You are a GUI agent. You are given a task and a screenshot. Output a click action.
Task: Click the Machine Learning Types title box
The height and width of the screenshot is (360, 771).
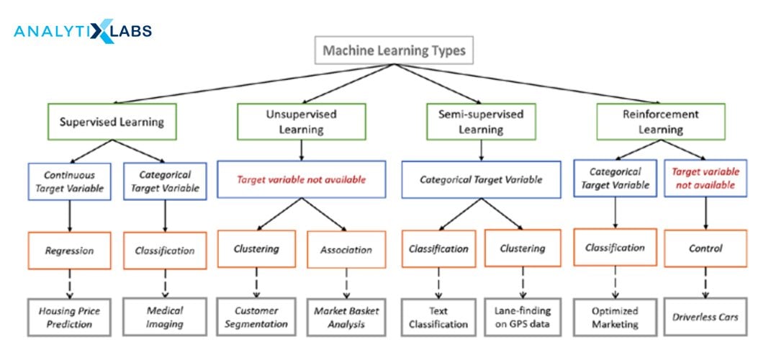tap(394, 50)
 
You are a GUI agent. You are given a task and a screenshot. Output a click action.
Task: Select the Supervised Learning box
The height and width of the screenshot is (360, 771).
tap(111, 121)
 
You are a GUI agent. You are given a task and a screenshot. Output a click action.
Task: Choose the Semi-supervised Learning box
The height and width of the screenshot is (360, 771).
tap(481, 122)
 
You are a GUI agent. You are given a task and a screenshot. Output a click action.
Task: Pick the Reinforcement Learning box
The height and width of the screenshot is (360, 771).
tap(660, 122)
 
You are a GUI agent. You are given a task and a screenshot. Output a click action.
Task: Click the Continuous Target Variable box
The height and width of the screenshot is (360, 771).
tap(69, 181)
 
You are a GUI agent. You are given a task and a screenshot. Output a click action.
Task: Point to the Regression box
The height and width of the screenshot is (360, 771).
tap(69, 251)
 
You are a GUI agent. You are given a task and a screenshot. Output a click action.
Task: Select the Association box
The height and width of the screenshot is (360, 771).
tap(346, 250)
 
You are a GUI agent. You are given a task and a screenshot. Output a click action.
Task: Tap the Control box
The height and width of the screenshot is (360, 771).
tap(705, 248)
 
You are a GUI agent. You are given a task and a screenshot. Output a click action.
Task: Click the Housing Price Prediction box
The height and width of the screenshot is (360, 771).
tap(69, 318)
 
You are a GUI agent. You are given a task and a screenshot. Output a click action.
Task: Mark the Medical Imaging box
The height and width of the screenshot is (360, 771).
tap(165, 317)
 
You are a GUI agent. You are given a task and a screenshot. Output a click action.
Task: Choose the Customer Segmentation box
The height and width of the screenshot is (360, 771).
tap(256, 318)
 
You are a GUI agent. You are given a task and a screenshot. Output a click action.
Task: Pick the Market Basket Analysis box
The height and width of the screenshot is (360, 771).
tap(346, 318)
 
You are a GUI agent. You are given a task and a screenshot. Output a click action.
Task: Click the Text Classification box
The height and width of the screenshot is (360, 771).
tap(438, 318)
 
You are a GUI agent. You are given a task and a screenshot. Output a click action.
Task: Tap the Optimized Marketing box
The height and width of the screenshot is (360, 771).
tap(616, 318)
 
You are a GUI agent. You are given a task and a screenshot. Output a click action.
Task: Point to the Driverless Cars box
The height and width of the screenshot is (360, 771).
tap(705, 317)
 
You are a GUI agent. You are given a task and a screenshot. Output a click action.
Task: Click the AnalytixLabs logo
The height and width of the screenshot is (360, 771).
tap(83, 32)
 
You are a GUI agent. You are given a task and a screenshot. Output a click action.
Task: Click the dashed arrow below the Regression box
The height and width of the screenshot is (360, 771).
tap(69, 284)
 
